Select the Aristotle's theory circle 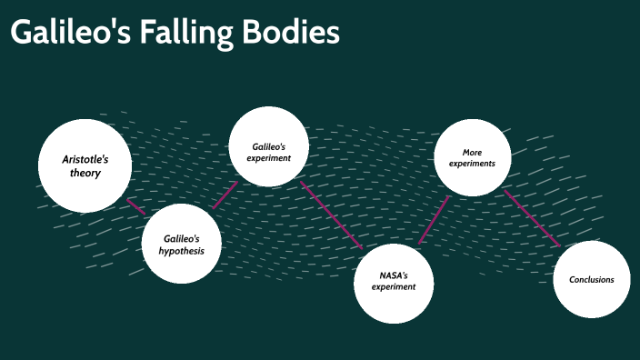coord(85,165)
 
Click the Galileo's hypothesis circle coord(181,244)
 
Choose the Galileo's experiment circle coord(268,146)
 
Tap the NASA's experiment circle coord(393,282)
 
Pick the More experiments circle coord(472,158)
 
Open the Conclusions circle coord(591,279)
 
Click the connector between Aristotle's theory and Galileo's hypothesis coord(135,206)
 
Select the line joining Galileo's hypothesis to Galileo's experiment coord(225,195)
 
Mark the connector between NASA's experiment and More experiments coord(434,220)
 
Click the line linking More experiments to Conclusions coord(532,218)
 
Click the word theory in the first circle coord(85,173)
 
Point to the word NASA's coord(393,275)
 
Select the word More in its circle coord(472,152)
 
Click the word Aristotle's coord(85,158)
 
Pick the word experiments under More coord(472,165)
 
